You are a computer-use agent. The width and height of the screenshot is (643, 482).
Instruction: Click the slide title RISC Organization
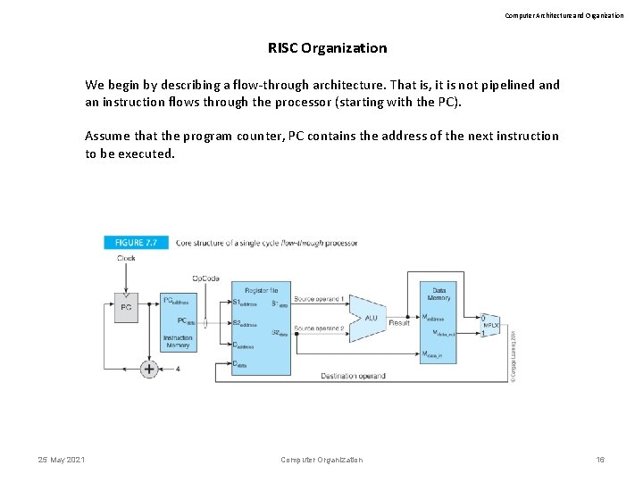coord(327,48)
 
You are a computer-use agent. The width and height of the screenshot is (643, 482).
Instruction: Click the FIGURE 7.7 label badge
coord(135,242)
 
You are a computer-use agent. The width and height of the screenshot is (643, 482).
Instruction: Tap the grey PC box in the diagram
coord(126,307)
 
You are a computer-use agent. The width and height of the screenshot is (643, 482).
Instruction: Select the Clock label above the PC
coord(126,259)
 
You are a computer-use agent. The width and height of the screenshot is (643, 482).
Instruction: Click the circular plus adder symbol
coord(149,368)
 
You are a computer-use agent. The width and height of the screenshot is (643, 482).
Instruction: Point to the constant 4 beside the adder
coord(178,368)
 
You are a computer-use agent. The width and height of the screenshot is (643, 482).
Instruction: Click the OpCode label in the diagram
coord(205,278)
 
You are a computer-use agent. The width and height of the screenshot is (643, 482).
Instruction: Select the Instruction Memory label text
coord(178,341)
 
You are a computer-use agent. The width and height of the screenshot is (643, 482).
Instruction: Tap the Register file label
coord(261,291)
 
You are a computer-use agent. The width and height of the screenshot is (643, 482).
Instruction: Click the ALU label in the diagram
coord(370,318)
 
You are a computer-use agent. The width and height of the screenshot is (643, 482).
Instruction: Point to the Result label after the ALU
coord(399,322)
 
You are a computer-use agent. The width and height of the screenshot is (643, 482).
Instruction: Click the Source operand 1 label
coord(319,298)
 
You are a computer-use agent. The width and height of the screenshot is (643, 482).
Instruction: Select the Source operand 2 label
coord(319,328)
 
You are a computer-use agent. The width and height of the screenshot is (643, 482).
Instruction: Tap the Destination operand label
coord(353,376)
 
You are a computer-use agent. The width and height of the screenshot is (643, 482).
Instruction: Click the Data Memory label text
coord(439,294)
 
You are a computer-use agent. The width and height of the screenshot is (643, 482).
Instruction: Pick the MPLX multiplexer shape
coord(489,326)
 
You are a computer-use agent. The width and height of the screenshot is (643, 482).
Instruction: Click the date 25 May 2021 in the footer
coord(62,460)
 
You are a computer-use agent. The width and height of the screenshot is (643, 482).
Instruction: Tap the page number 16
coord(600,460)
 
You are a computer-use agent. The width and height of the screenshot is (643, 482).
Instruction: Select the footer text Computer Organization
coord(321,460)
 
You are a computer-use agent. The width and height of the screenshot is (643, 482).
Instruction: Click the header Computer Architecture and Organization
coord(564,15)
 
